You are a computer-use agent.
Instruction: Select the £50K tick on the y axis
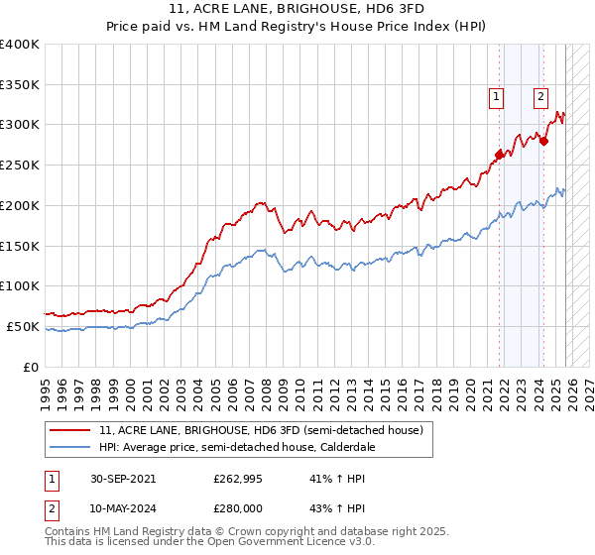click(x=24, y=326)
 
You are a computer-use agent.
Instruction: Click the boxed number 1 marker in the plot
click(x=495, y=96)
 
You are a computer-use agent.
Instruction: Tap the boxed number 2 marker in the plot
click(x=540, y=96)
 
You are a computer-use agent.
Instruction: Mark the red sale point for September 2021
click(x=499, y=154)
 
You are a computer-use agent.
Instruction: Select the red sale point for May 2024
click(x=543, y=141)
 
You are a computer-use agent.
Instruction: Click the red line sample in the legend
click(x=70, y=430)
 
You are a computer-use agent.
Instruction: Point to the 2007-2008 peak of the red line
click(x=261, y=202)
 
